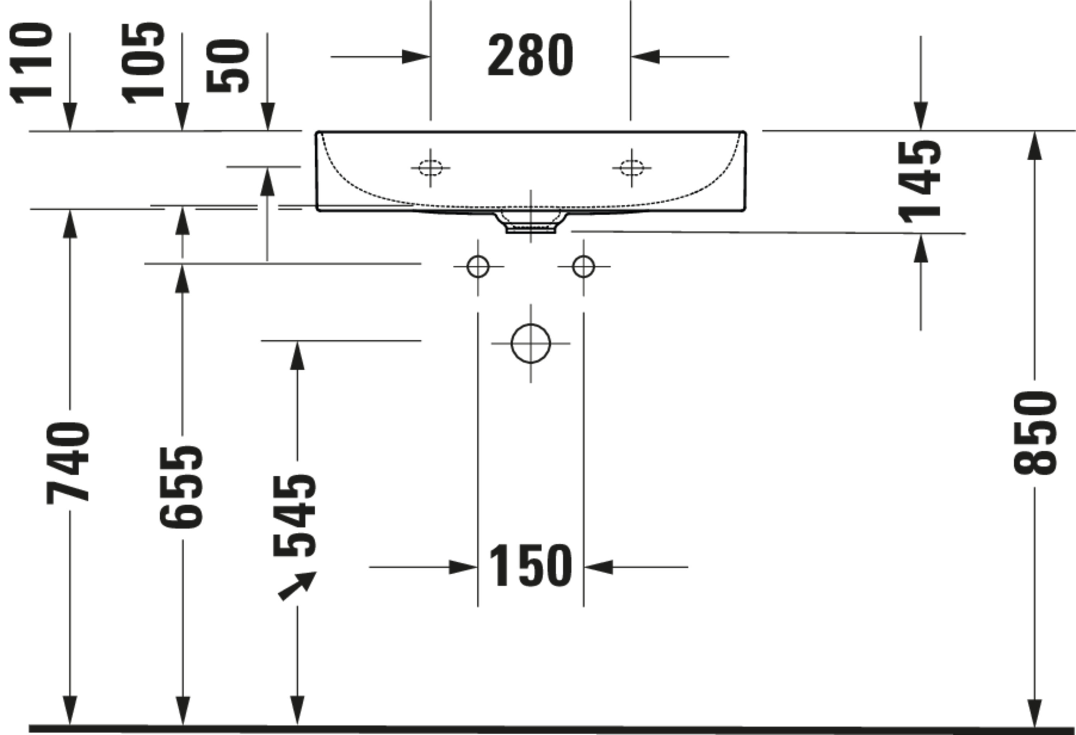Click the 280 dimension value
(530, 55)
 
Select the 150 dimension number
(530, 565)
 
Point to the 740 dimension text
(68, 463)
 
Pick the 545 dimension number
(294, 515)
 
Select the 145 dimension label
(920, 182)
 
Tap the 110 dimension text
(30, 63)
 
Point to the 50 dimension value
(228, 66)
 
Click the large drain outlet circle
(530, 343)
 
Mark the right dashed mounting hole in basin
(632, 168)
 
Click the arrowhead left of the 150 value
(463, 567)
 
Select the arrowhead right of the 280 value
(645, 57)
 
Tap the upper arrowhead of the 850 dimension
(1035, 146)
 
